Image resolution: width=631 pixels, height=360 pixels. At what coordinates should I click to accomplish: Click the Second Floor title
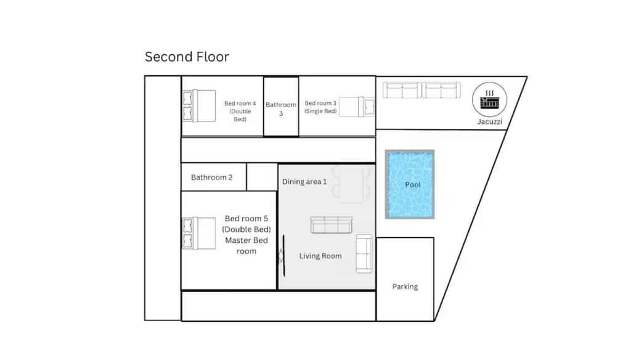click(187, 57)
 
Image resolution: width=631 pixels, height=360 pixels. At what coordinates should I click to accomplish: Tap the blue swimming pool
click(410, 184)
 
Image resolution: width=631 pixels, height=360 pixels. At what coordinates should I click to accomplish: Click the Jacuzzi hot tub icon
click(489, 99)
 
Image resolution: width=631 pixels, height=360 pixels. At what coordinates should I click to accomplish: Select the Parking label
click(405, 286)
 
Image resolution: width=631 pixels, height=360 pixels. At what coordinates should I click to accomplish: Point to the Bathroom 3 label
click(281, 108)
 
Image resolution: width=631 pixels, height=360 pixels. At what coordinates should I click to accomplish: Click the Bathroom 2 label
click(212, 177)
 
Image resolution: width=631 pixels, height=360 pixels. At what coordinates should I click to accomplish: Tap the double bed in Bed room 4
click(199, 106)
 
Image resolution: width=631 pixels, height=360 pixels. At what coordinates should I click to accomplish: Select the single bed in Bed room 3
click(357, 107)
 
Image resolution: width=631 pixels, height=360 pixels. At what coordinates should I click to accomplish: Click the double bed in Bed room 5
click(199, 234)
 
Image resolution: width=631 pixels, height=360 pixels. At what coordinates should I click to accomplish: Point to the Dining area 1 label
click(304, 182)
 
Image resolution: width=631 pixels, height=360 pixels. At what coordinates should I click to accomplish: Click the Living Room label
click(320, 256)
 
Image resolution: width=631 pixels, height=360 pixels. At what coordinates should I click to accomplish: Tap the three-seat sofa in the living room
click(331, 225)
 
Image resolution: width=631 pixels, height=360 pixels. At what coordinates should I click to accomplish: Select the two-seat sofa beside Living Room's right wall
click(364, 254)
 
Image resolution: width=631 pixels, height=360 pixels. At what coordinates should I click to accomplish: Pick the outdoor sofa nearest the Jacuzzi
click(441, 90)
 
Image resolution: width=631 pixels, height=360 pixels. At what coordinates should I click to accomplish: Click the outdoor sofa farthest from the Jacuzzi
click(402, 90)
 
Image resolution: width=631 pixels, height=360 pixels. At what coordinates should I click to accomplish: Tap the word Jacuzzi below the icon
click(489, 121)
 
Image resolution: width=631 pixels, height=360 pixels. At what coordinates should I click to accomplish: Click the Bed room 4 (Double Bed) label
click(240, 111)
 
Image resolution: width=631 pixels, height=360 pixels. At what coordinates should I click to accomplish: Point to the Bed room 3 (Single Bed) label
click(320, 107)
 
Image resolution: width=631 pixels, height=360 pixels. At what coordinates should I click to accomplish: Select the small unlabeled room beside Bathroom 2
click(262, 177)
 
